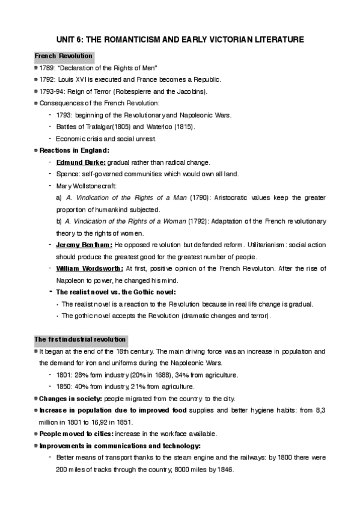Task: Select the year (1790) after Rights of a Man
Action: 200,197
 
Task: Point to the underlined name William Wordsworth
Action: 90,268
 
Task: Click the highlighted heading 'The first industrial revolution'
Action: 80,339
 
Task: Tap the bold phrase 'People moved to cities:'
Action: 77,434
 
